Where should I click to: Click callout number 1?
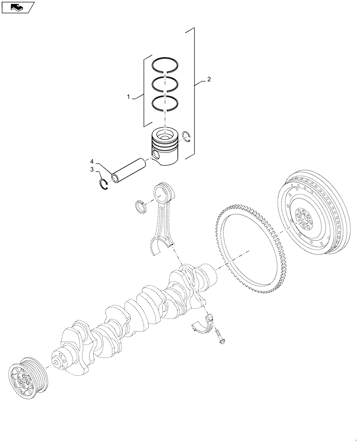129,96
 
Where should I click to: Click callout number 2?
209,80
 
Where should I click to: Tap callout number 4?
92,161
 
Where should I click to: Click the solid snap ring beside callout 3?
103,184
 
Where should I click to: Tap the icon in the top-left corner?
18,8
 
